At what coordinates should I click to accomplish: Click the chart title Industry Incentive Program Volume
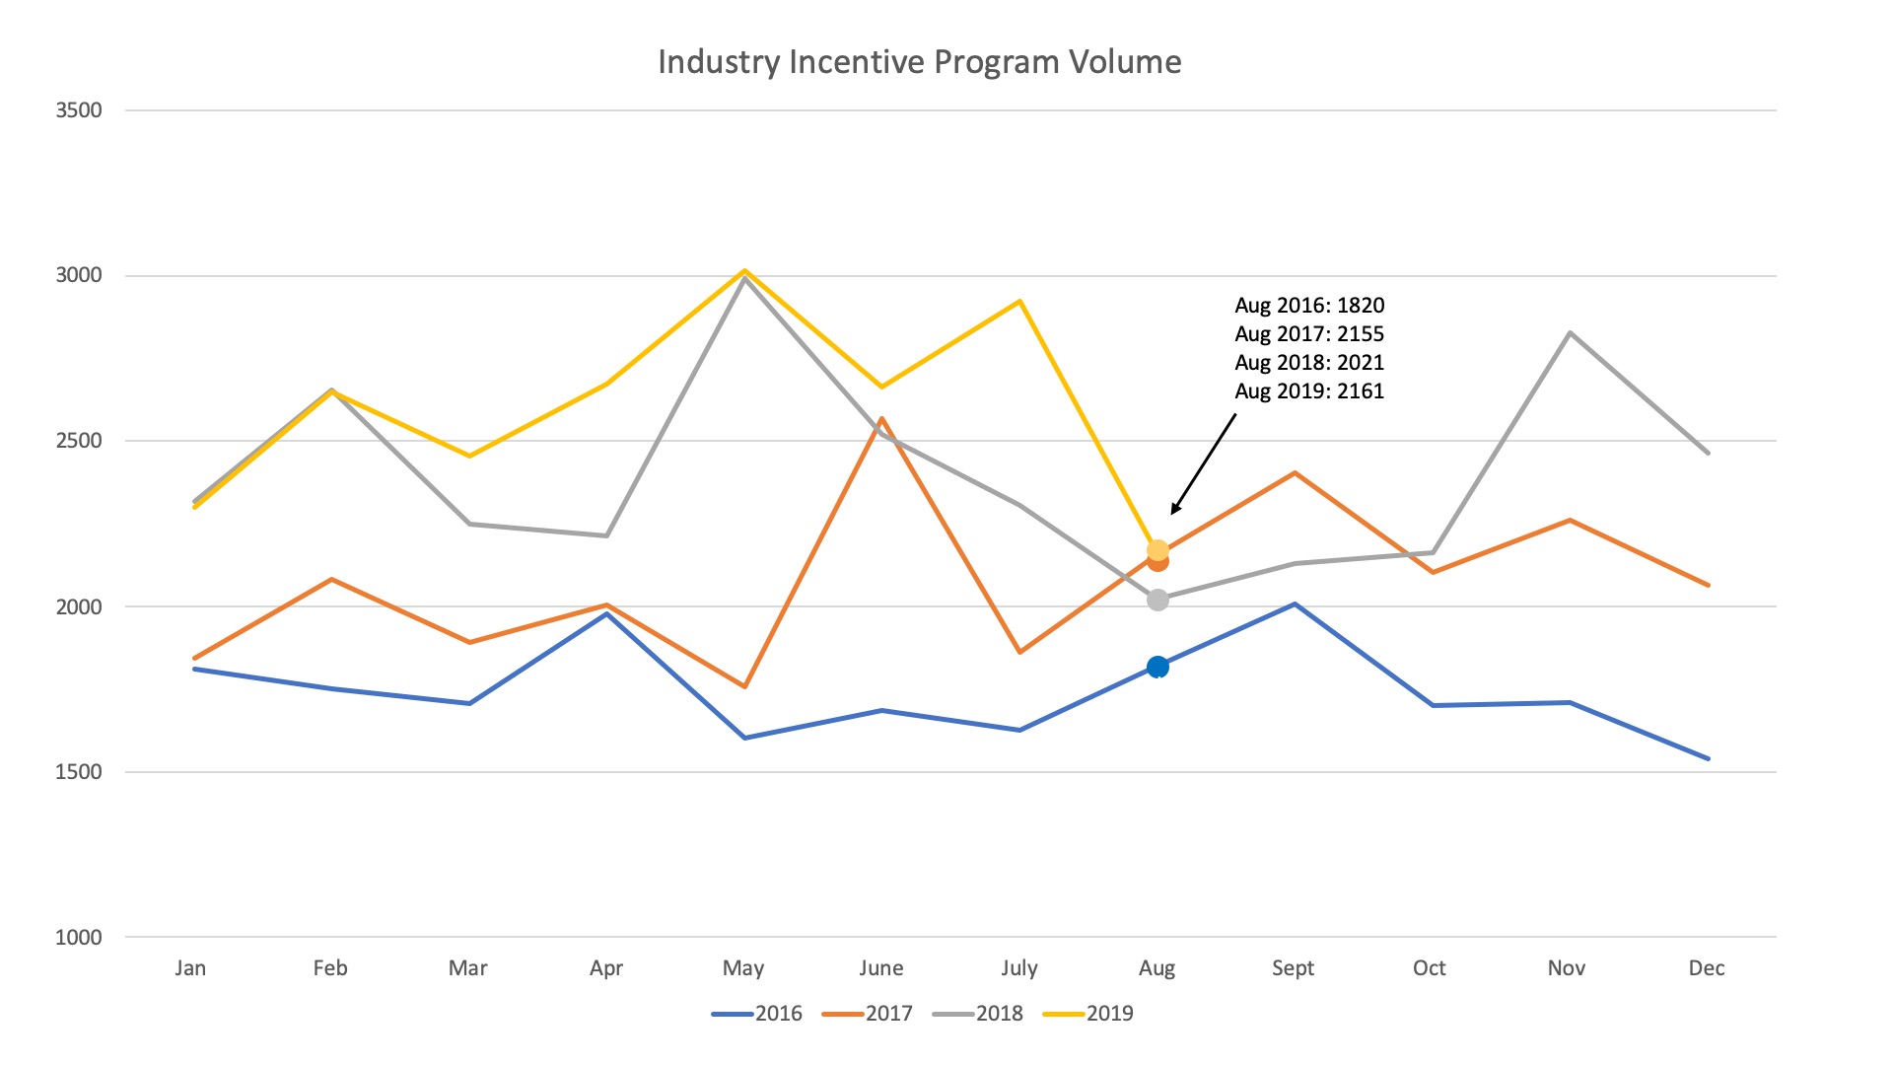919,62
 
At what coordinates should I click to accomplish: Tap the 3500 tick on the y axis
79,110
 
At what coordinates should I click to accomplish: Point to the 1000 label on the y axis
79,938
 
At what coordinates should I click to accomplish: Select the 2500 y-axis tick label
79,441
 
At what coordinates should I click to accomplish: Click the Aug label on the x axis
1157,968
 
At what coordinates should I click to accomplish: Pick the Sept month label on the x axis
1293,968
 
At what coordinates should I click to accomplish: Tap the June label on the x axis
880,968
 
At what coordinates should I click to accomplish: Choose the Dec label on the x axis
1707,968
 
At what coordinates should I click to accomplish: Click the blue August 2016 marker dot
1157,668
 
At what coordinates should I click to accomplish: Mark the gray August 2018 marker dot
1157,600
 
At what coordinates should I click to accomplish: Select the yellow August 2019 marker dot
1157,548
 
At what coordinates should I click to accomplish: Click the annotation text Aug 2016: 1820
1309,306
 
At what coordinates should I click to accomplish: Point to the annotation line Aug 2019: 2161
1309,391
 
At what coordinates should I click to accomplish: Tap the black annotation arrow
1204,463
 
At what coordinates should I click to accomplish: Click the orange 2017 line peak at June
881,419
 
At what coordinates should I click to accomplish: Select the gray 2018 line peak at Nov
1570,333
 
